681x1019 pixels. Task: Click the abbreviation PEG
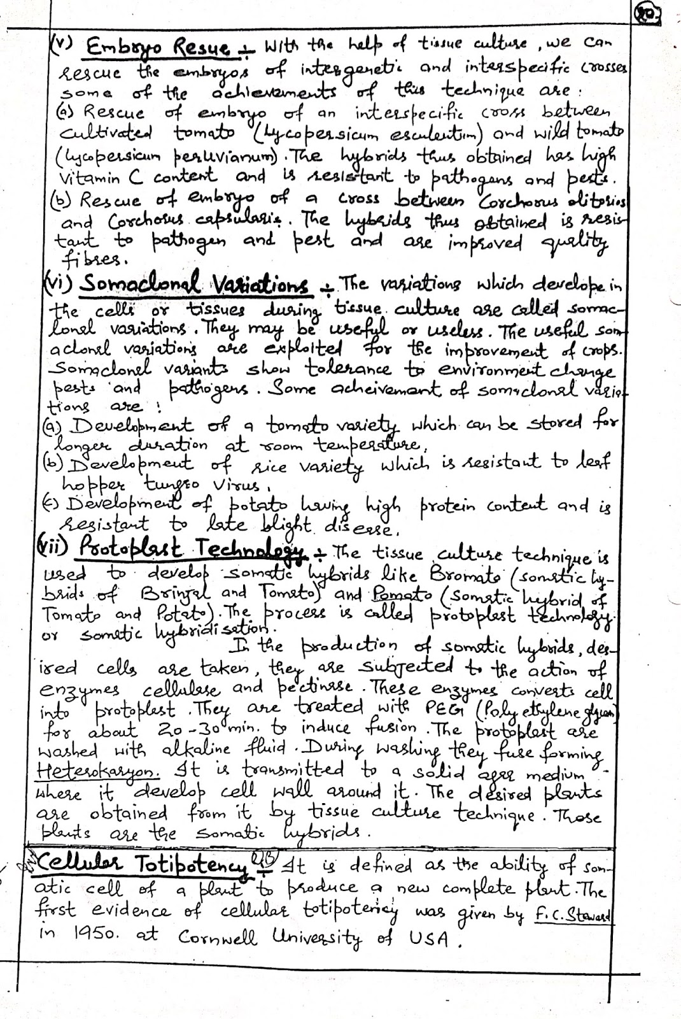coord(435,708)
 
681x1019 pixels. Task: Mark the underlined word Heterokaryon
coord(106,771)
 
